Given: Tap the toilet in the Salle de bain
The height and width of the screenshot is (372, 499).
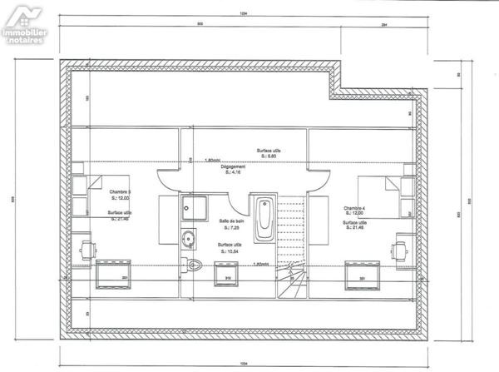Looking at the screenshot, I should tap(195, 266).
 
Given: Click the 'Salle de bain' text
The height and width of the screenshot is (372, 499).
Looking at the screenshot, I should tap(231, 221).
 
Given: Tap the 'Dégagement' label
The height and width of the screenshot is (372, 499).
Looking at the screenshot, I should tap(232, 166).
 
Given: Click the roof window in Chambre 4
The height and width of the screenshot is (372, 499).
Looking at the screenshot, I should tap(362, 271).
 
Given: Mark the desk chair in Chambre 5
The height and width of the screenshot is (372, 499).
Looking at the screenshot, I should tap(86, 246).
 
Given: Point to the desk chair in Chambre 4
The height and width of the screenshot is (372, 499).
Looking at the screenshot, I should tap(398, 246).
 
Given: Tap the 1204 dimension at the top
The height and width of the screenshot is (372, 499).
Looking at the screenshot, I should tap(244, 14).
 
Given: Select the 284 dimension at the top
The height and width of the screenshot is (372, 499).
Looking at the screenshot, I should tap(384, 26).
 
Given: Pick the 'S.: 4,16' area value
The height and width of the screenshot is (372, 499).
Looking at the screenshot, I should tap(232, 172).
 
